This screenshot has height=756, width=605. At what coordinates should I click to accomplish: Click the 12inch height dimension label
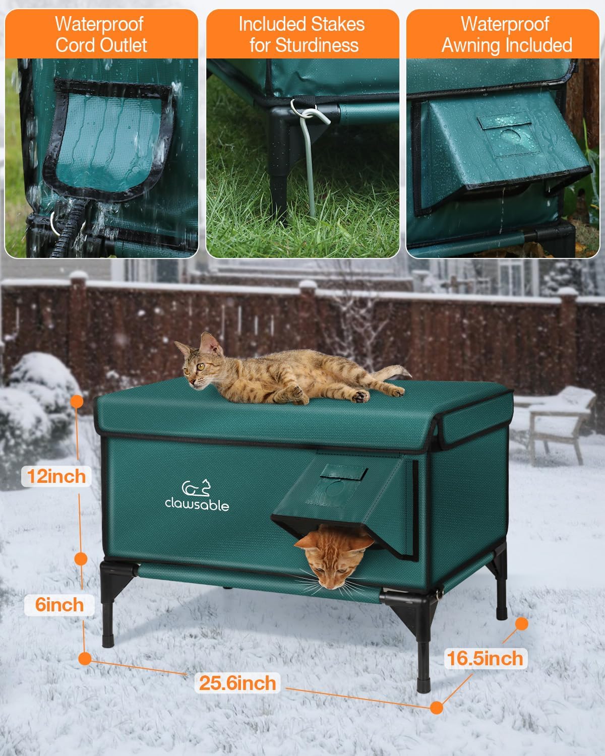56,476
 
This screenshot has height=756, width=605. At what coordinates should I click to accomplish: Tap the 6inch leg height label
59,604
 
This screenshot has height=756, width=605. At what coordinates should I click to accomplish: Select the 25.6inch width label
238,683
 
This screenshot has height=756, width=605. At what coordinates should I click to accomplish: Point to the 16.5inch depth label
485,658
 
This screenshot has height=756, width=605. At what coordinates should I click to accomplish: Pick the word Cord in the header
79,45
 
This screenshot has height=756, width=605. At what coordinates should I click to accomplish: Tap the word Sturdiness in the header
304,45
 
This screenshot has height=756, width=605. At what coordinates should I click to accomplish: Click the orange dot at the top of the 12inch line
77,401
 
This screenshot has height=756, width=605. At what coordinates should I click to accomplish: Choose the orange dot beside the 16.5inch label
522,624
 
